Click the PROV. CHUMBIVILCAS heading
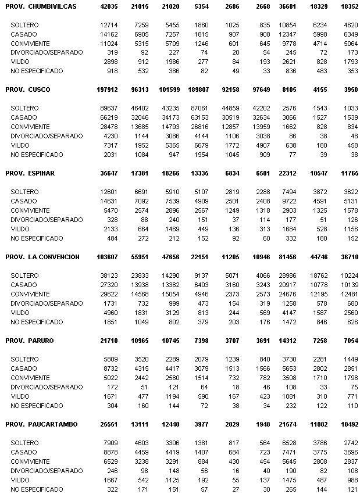(x=41, y=6)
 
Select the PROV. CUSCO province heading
(x=27, y=90)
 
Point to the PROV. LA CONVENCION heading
(x=42, y=257)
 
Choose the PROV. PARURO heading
(x=29, y=341)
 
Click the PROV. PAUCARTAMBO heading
(x=41, y=424)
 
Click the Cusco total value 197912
(x=108, y=90)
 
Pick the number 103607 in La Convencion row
(x=108, y=257)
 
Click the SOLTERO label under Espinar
(x=25, y=192)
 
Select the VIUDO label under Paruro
(x=21, y=396)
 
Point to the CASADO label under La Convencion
(x=24, y=285)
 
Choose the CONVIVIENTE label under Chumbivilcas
(x=30, y=43)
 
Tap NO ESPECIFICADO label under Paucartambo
(x=37, y=489)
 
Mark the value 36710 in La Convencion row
(x=345, y=257)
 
